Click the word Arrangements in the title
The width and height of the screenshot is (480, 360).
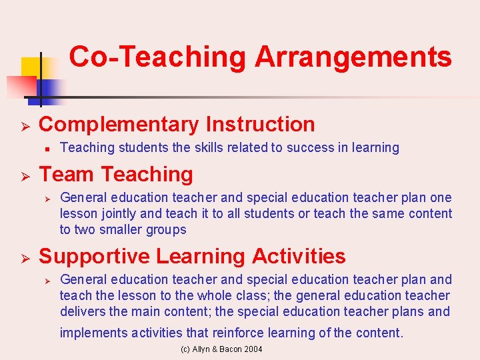[x=353, y=58]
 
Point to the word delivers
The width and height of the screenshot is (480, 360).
[x=83, y=312]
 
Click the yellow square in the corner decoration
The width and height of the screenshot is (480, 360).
[x=31, y=67]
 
